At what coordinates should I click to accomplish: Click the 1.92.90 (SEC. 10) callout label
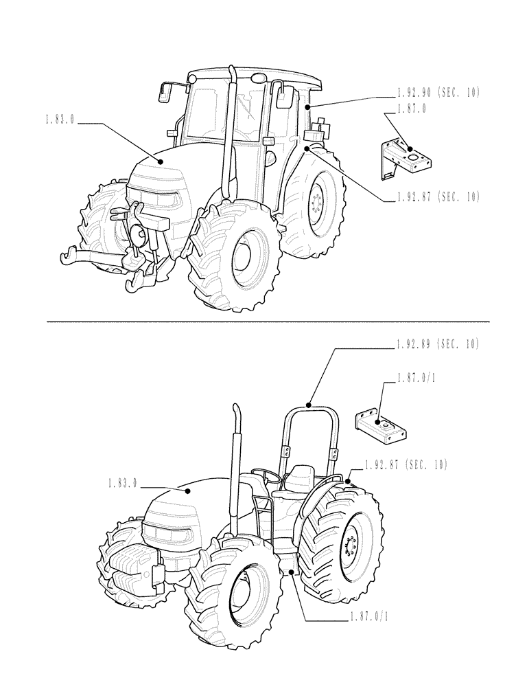pos(438,92)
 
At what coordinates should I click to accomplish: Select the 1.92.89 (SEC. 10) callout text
pos(438,343)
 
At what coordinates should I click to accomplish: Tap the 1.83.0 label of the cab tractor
pos(59,120)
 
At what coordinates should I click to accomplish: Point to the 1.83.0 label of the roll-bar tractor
pos(122,484)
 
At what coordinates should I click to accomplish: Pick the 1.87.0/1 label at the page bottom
pos(368,617)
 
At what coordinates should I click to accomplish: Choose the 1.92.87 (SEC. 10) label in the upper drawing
pos(438,197)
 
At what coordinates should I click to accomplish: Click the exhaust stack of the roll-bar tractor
pos(236,467)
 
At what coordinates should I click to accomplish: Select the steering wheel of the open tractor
pos(267,473)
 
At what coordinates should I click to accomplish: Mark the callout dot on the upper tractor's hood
pos(161,161)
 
